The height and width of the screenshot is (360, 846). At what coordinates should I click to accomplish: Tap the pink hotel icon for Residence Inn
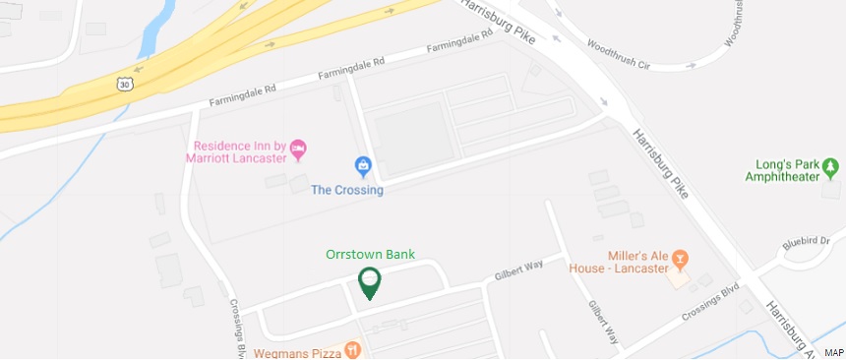299,150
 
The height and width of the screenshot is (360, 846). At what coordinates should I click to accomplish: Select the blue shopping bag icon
363,166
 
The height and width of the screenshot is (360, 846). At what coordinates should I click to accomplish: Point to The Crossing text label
346,190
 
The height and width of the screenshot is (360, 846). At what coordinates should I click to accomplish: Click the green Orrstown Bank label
370,254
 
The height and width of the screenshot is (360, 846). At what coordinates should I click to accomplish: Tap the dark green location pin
370,281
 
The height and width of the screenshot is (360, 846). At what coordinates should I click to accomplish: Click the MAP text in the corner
833,352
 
